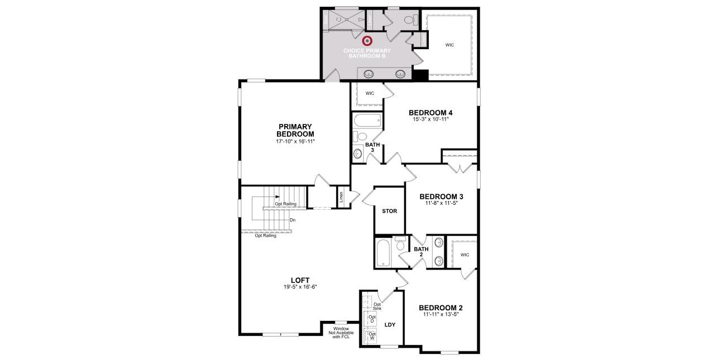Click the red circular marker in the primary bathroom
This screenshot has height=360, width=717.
(x=367, y=41)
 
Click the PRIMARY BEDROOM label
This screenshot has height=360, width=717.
(x=295, y=130)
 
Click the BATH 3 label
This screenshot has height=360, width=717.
(x=372, y=147)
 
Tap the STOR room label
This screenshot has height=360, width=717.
(x=389, y=211)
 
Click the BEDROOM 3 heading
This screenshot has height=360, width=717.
(x=441, y=196)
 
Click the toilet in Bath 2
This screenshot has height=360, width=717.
(x=400, y=244)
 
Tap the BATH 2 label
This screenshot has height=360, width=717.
(x=421, y=252)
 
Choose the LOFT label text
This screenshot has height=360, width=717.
(x=300, y=280)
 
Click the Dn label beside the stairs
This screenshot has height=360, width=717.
(x=293, y=220)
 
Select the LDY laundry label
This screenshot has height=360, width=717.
(x=390, y=324)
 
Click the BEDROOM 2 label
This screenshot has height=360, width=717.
(x=441, y=308)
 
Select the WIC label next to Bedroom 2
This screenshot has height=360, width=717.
(x=465, y=255)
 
